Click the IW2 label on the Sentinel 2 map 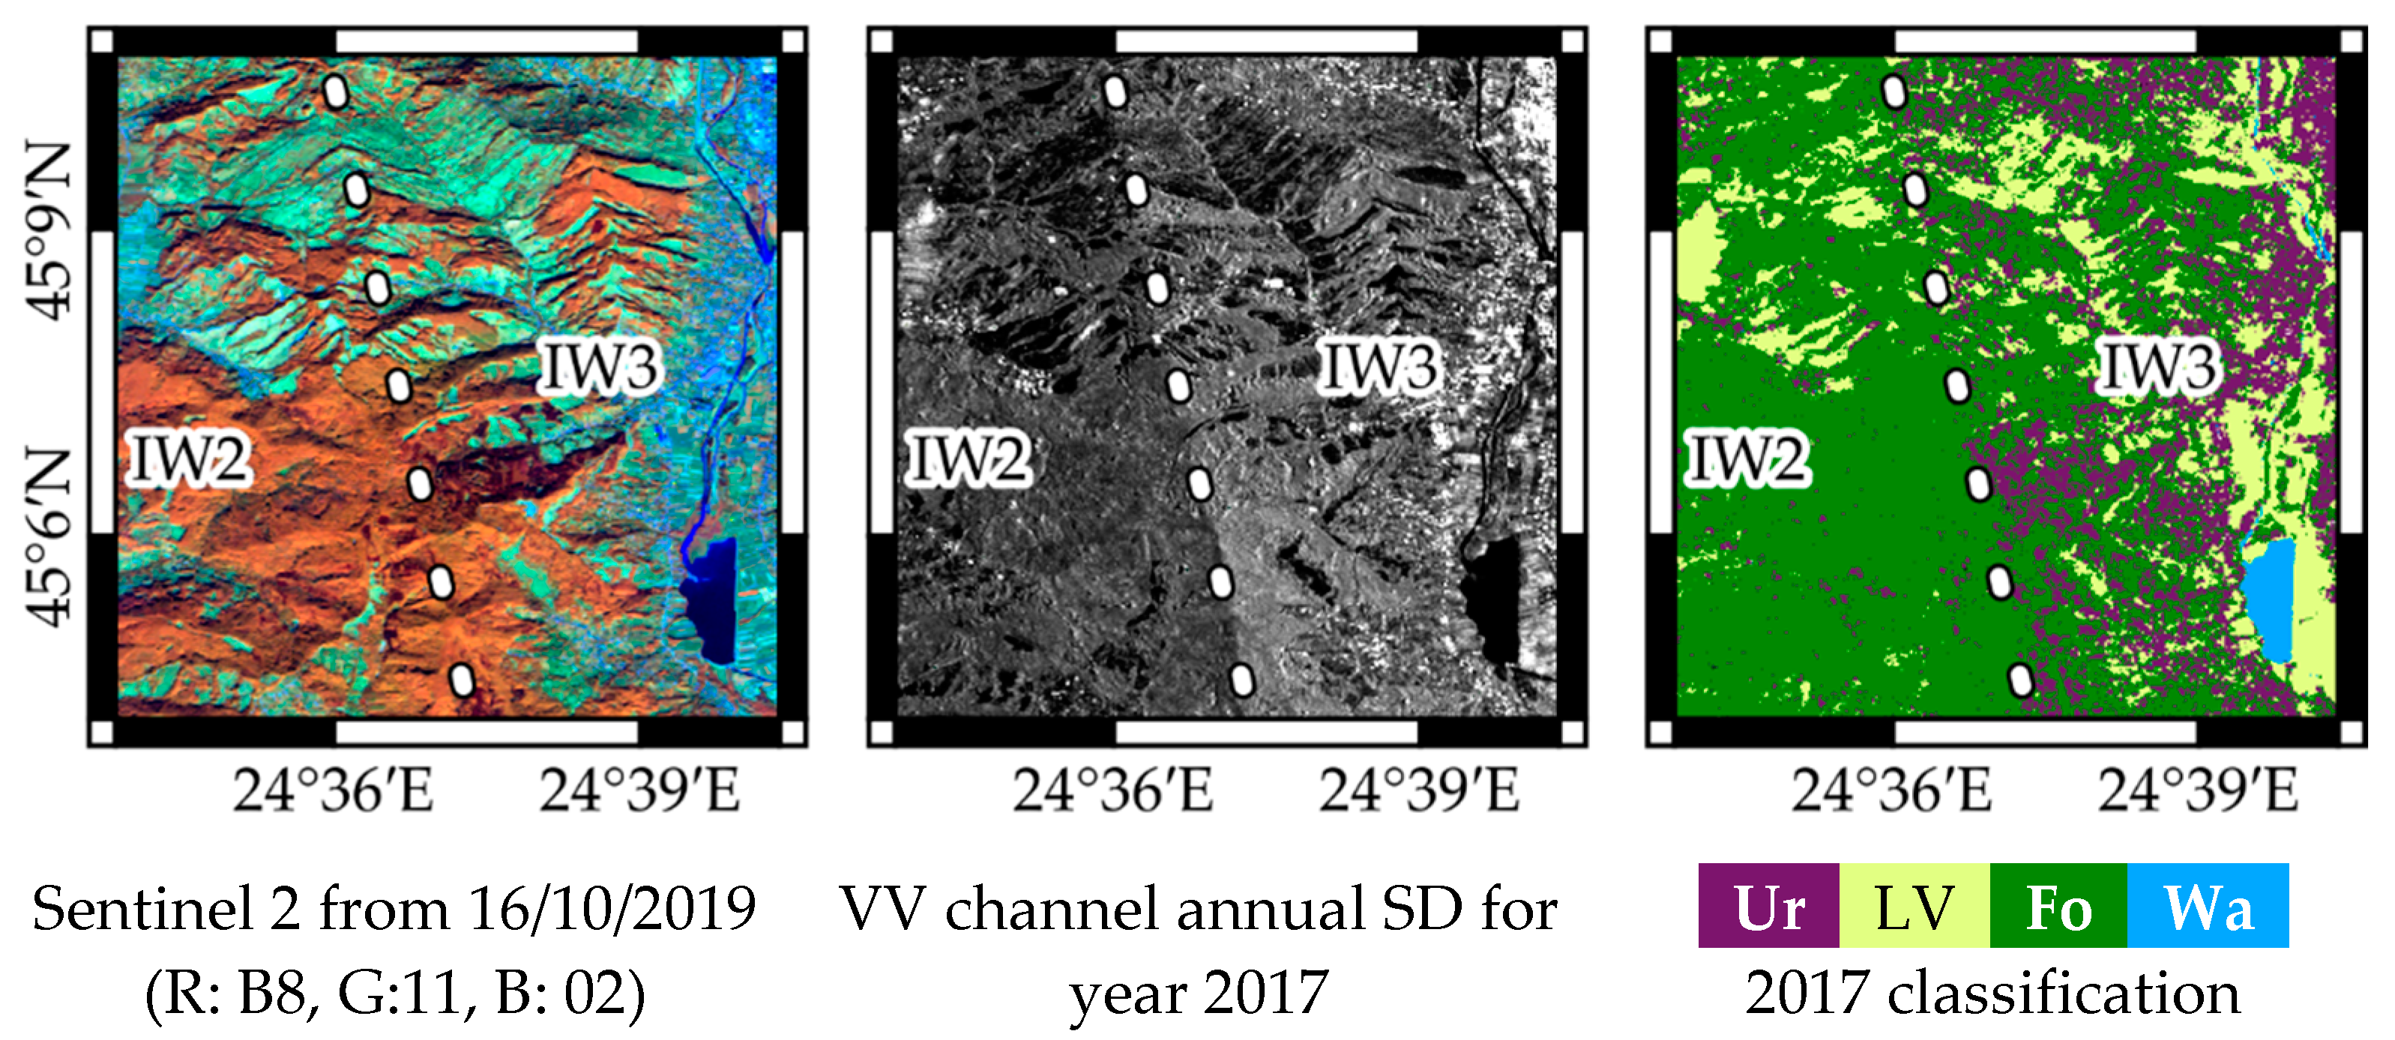click(190, 459)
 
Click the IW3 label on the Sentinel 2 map click(600, 366)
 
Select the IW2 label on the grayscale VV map click(968, 459)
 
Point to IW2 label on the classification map click(1748, 459)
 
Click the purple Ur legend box click(1768, 906)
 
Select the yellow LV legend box click(1914, 906)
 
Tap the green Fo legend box click(2058, 906)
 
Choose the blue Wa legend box click(2207, 906)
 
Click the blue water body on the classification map click(2268, 599)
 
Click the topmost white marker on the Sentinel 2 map click(336, 92)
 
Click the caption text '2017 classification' click(1992, 994)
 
